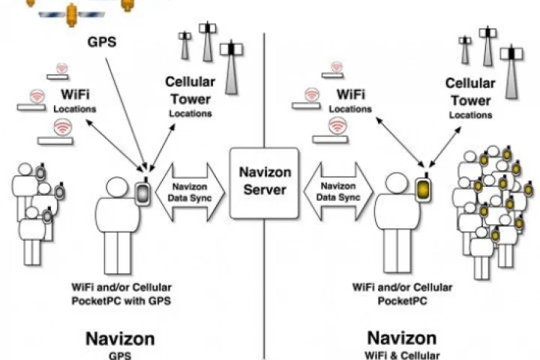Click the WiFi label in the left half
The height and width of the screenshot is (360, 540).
click(x=75, y=97)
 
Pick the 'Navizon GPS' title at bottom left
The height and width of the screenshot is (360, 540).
click(x=120, y=339)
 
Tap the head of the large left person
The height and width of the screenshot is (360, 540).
click(x=117, y=187)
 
